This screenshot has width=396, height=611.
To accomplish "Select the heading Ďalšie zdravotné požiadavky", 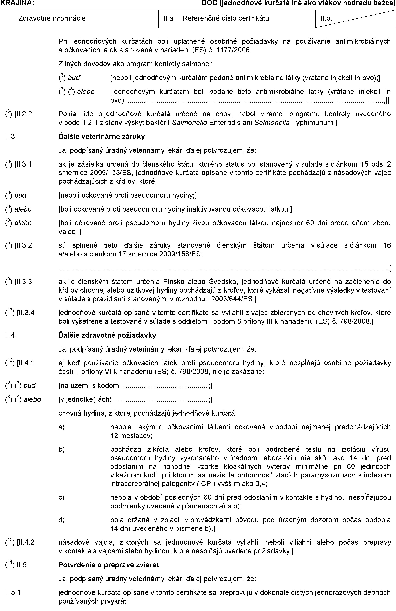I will tap(107, 335).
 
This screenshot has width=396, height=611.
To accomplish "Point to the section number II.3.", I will tap(11, 136).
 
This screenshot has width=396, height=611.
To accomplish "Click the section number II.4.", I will tap(11, 335).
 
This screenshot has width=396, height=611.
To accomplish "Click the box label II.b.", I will tap(326, 18).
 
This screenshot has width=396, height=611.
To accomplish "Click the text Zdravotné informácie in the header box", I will tap(52, 18).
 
